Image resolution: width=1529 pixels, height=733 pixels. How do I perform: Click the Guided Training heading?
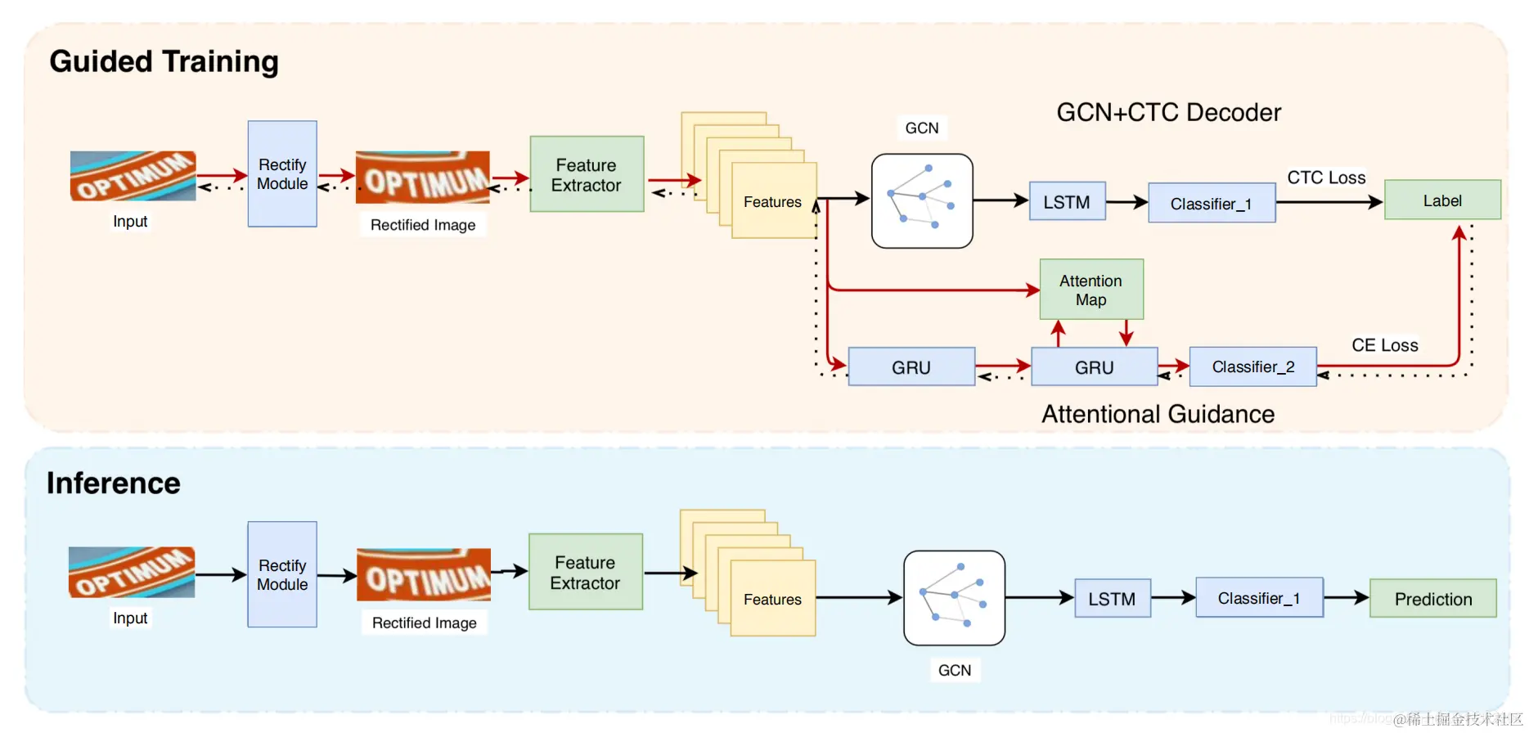pyautogui.click(x=164, y=62)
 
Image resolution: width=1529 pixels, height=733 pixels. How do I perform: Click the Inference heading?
pyautogui.click(x=113, y=483)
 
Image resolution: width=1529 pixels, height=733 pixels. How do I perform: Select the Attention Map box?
pyautogui.click(x=1091, y=290)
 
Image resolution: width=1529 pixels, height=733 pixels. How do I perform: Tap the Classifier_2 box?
pyautogui.click(x=1252, y=366)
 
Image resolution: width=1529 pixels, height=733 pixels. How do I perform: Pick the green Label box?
pyautogui.click(x=1441, y=200)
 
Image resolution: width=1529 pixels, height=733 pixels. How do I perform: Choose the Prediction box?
pyautogui.click(x=1432, y=599)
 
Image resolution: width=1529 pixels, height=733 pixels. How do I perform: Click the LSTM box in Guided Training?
pyautogui.click(x=1066, y=202)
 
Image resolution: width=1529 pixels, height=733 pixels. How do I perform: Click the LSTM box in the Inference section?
pyautogui.click(x=1112, y=599)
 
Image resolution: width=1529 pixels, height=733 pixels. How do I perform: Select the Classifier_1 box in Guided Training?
pyautogui.click(x=1211, y=204)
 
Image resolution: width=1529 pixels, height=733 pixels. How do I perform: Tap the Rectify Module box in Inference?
pyautogui.click(x=282, y=574)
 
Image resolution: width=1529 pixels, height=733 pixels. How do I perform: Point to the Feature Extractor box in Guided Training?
pyautogui.click(x=586, y=175)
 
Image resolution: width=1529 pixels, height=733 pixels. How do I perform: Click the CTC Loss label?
pyautogui.click(x=1326, y=178)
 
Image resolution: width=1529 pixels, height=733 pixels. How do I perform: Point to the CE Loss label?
pyautogui.click(x=1384, y=345)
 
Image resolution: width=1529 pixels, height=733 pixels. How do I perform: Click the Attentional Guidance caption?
pyautogui.click(x=1158, y=414)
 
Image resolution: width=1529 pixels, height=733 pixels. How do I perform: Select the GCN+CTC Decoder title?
pyautogui.click(x=1168, y=112)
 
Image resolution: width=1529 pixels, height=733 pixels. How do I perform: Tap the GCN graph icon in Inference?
pyautogui.click(x=954, y=598)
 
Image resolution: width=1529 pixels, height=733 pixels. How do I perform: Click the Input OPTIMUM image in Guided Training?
pyautogui.click(x=133, y=176)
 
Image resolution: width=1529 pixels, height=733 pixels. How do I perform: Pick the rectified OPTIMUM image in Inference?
pyautogui.click(x=424, y=575)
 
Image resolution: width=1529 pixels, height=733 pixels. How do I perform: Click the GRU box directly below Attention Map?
pyautogui.click(x=1094, y=367)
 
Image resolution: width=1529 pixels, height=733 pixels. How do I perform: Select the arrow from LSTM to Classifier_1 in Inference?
pyautogui.click(x=1173, y=599)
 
